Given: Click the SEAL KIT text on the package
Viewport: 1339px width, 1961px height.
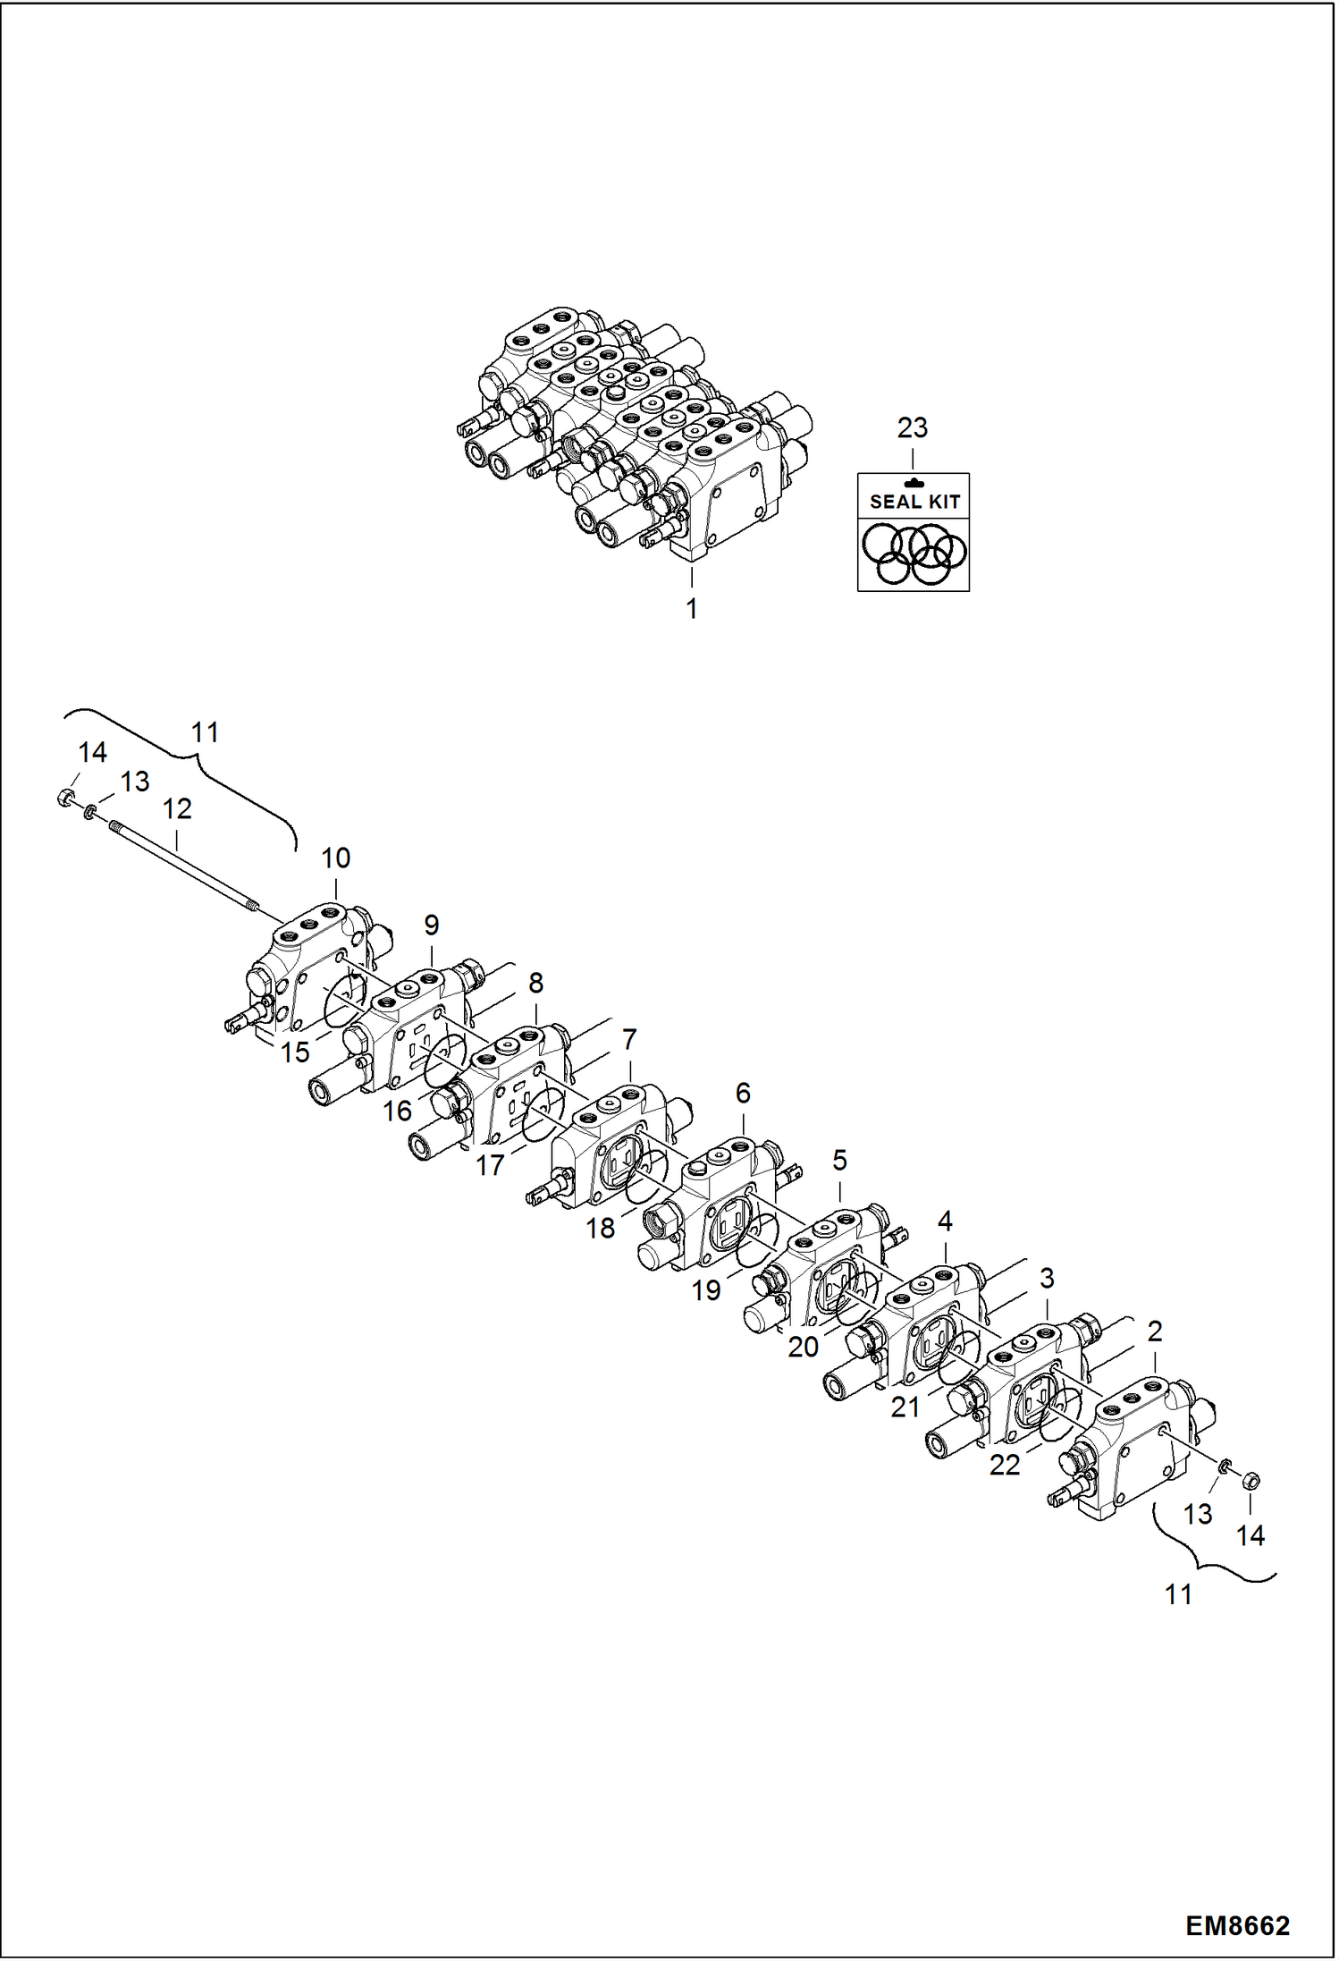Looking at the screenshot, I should [914, 502].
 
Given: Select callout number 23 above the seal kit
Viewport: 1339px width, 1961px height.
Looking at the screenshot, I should [913, 427].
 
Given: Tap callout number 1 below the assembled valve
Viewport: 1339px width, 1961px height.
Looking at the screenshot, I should [691, 609].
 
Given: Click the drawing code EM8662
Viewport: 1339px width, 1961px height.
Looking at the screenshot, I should [1237, 1925].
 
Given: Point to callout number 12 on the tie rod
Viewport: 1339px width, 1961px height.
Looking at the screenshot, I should [177, 809].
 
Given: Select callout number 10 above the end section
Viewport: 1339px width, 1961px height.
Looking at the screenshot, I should [336, 858].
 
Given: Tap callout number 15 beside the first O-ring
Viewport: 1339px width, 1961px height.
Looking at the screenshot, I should [295, 1052].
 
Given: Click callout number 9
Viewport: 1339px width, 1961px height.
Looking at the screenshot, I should [432, 925].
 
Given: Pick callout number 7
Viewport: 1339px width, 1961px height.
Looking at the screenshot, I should [629, 1040].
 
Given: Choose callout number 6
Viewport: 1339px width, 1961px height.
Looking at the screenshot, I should [743, 1093].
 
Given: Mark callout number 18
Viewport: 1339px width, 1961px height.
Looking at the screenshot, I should [601, 1229].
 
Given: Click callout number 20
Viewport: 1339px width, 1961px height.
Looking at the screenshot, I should [803, 1347].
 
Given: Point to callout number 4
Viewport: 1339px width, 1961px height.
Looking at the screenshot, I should [945, 1221].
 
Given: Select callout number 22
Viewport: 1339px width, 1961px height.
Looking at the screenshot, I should [1005, 1465].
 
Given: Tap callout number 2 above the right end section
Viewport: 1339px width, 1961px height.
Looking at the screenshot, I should [1155, 1331].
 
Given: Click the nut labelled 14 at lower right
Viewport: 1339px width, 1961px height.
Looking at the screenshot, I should [1251, 1480].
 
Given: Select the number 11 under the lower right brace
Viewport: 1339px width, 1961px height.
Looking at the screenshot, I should [1178, 1594].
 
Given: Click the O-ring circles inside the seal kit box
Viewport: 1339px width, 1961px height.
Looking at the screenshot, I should [914, 554].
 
